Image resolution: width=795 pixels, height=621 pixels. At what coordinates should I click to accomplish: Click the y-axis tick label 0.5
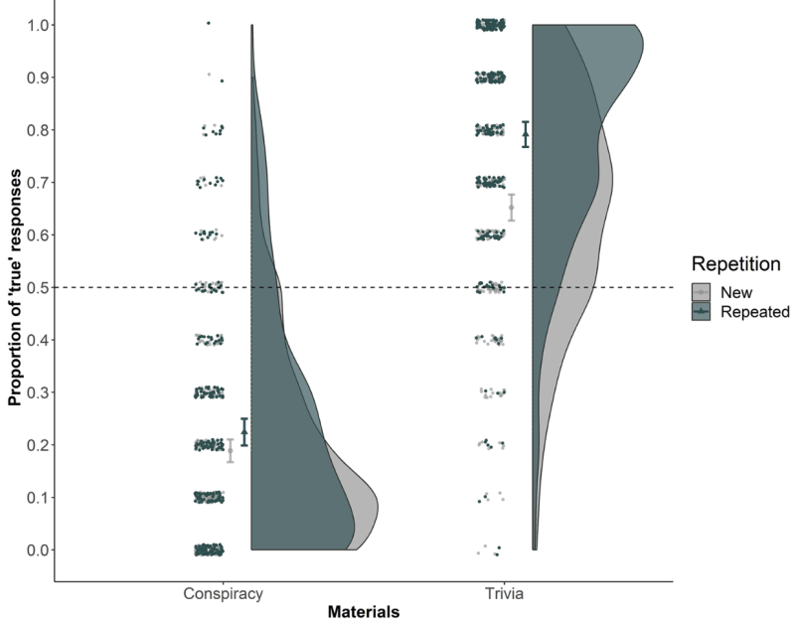click(33, 287)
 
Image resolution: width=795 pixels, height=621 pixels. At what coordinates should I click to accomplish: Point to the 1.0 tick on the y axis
click(33, 24)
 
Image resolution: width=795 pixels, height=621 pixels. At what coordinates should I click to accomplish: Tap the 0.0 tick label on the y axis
click(33, 549)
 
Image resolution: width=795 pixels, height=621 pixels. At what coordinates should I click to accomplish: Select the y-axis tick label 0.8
click(33, 129)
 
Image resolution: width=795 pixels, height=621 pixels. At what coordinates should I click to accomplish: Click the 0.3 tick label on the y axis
click(33, 392)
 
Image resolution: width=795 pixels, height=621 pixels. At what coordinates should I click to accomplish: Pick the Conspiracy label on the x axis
click(222, 595)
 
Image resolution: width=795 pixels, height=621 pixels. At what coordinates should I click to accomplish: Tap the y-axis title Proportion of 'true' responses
click(15, 287)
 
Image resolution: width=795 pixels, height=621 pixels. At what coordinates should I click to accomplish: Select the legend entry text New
click(739, 291)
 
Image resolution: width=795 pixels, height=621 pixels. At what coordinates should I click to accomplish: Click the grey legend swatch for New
click(703, 291)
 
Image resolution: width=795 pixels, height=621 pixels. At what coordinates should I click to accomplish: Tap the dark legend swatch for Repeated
click(703, 312)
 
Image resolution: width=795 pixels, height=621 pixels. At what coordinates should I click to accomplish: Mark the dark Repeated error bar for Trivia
click(526, 134)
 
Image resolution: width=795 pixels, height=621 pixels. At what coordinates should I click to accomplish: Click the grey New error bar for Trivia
click(512, 207)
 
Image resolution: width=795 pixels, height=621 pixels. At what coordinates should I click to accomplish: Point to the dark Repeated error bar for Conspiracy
click(244, 431)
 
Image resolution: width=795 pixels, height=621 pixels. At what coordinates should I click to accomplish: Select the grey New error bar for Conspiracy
click(231, 450)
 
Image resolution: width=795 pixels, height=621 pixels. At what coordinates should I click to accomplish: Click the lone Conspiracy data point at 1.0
click(208, 23)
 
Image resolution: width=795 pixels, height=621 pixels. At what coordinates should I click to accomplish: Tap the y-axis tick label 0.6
click(33, 234)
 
